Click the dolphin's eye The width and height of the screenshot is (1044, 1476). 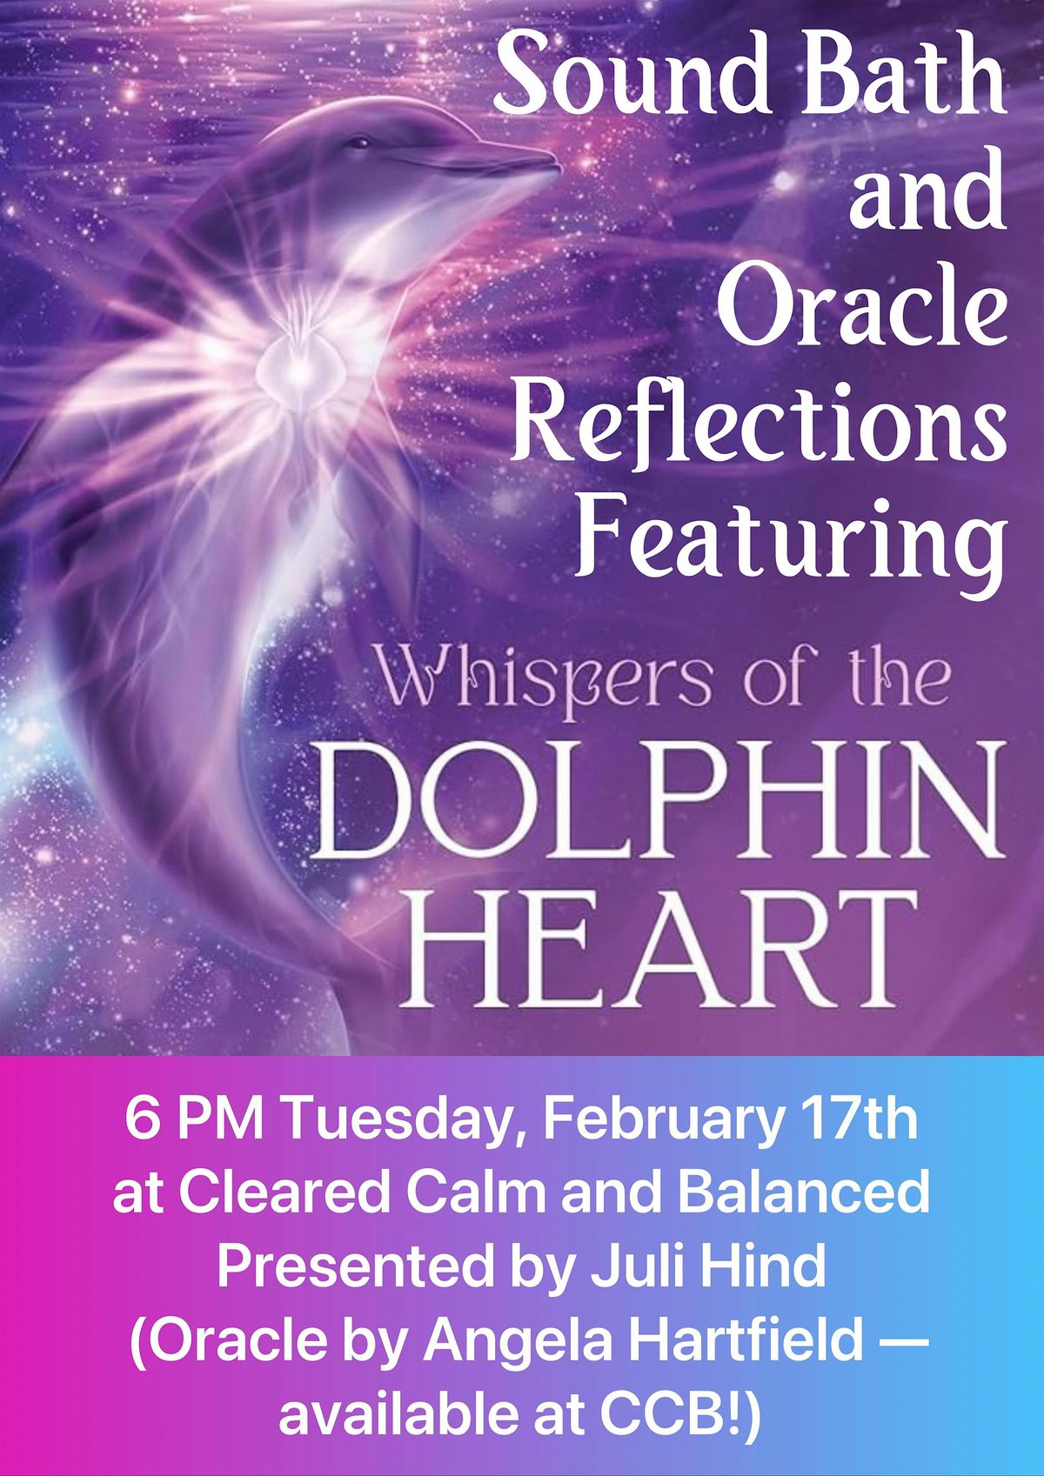(x=360, y=142)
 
